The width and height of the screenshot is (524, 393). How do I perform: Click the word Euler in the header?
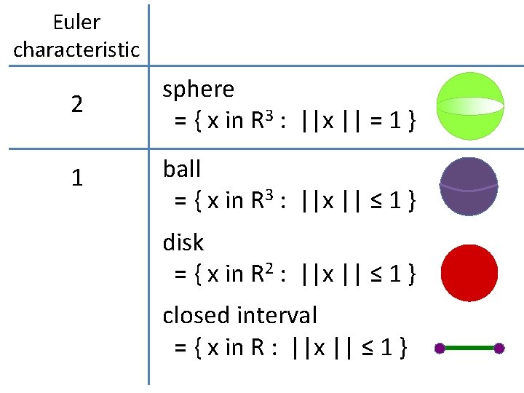click(76, 23)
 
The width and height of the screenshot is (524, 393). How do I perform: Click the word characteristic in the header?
click(76, 50)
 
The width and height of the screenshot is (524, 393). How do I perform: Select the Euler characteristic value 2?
click(76, 105)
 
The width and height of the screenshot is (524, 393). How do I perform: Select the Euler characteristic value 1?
click(76, 179)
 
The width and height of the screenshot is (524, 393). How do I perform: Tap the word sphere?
click(198, 90)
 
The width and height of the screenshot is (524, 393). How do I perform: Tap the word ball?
click(181, 169)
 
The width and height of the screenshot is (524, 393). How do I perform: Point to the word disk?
click(183, 242)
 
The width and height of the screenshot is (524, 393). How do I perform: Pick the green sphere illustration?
click(469, 103)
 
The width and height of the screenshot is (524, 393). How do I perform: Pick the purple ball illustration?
click(469, 186)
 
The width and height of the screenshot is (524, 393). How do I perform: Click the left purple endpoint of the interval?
click(440, 349)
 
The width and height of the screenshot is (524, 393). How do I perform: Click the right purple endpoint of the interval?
click(499, 349)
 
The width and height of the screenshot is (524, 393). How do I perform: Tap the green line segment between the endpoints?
click(469, 349)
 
